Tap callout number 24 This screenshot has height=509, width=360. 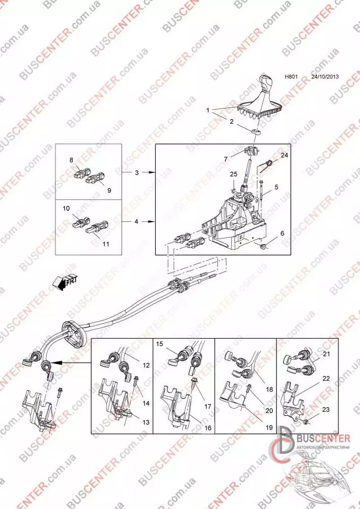[284, 155]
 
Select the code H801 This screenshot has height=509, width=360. [291, 77]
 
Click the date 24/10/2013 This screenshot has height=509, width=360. [325, 77]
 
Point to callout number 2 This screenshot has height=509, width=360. [232, 122]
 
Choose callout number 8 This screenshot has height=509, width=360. [71, 160]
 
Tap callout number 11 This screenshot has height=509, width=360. [106, 244]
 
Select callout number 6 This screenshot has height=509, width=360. [282, 234]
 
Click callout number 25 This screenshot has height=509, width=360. [234, 174]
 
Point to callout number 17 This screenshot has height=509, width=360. [208, 406]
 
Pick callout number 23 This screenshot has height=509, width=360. [326, 410]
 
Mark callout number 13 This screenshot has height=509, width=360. [146, 422]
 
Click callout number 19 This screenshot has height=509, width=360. [269, 428]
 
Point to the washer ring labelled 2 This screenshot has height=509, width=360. [256, 132]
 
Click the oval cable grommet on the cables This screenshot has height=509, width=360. [74, 333]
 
